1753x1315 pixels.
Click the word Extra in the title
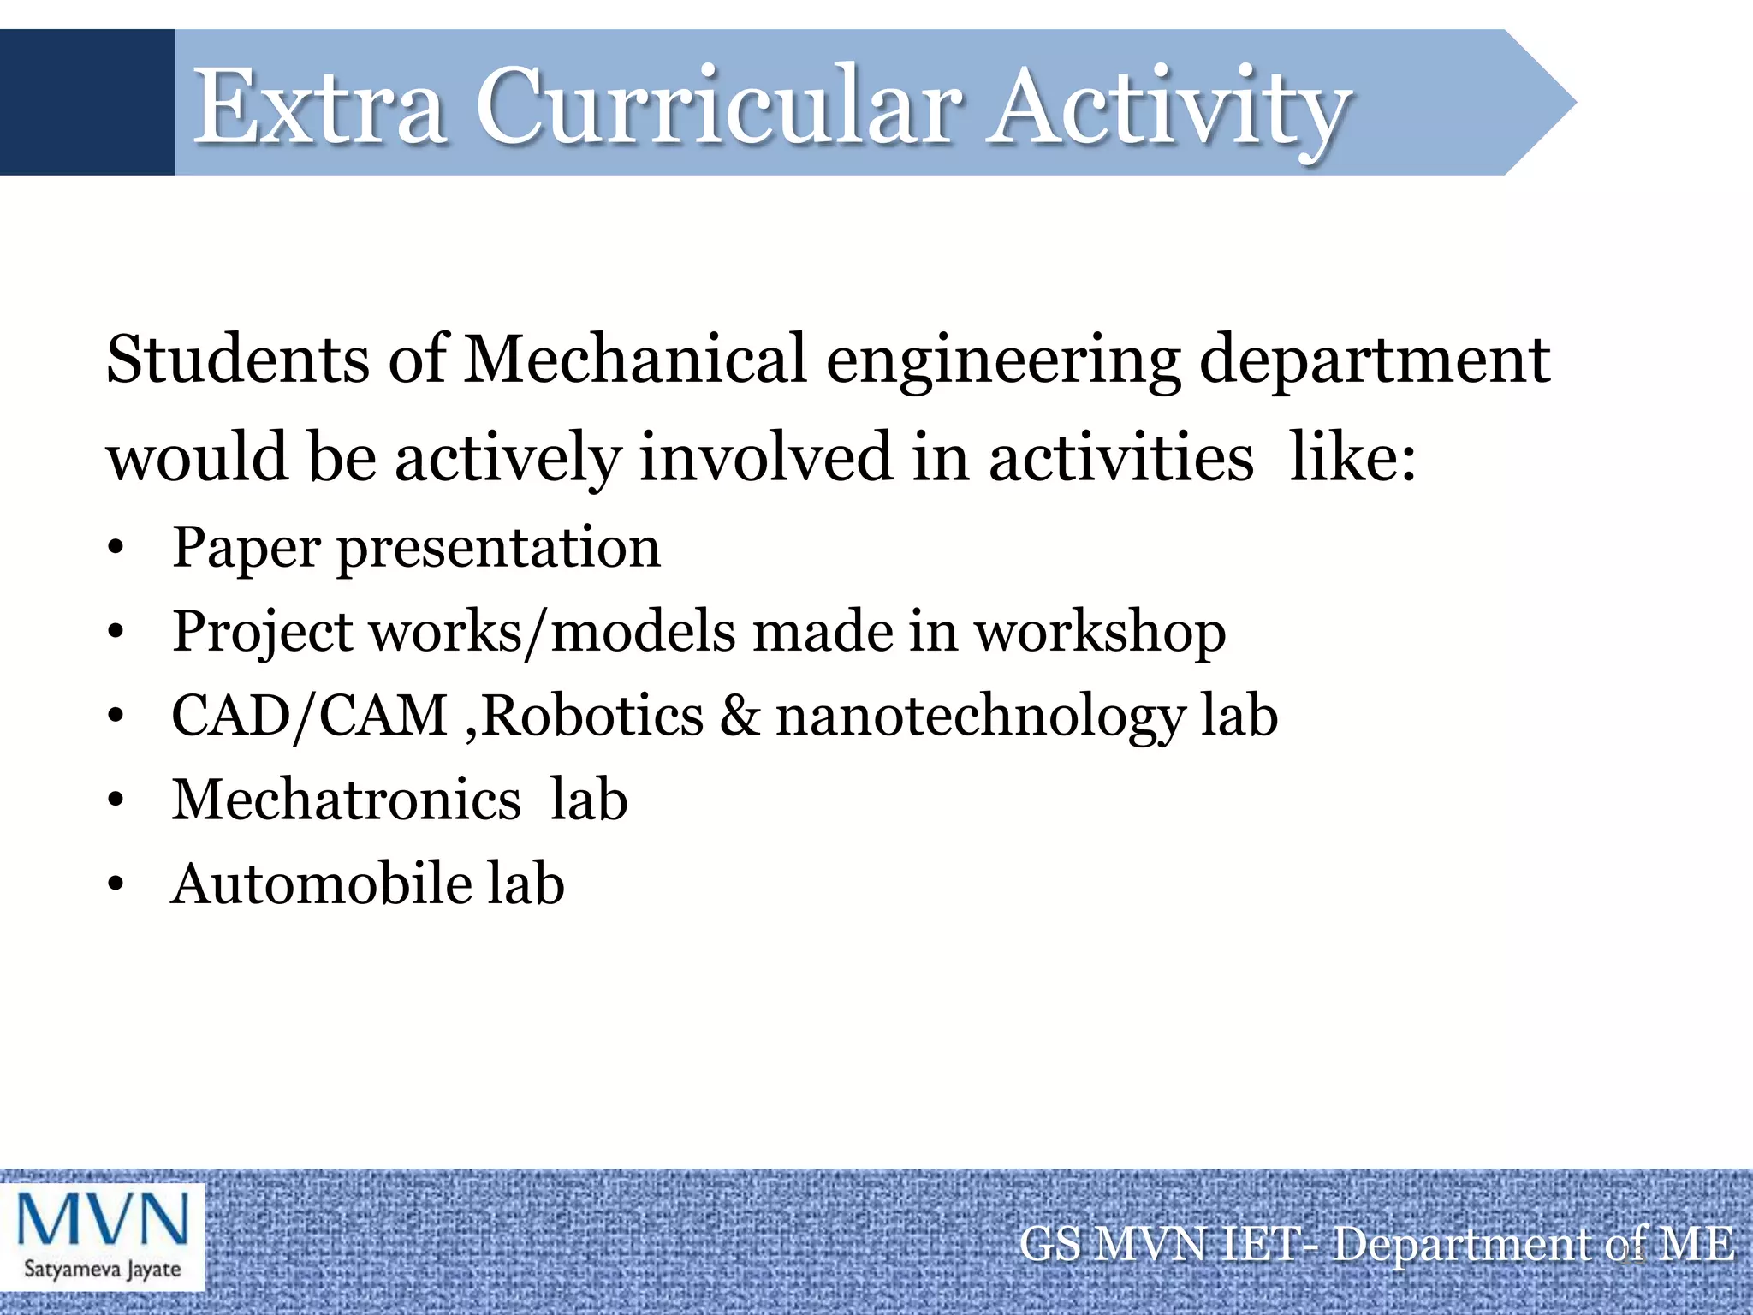coord(318,107)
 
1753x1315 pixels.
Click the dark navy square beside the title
coord(86,102)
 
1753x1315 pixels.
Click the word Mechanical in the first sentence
coord(634,360)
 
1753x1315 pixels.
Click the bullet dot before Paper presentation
coord(116,549)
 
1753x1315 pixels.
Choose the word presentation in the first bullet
coord(499,549)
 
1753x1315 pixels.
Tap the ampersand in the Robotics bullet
coord(740,716)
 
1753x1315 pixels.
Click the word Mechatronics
coord(346,800)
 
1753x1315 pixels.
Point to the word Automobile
coord(321,884)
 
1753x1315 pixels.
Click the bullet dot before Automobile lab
coord(116,885)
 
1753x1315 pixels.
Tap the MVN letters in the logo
coord(103,1219)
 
